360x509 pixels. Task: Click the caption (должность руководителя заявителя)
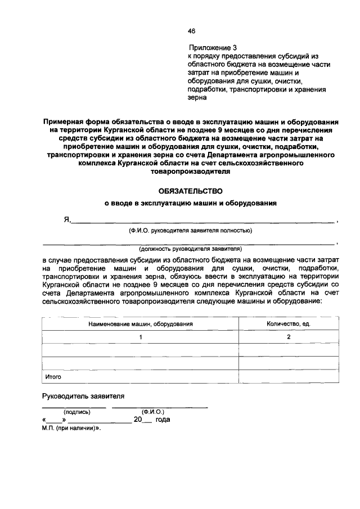pos(190,247)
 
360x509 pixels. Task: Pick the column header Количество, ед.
pos(289,325)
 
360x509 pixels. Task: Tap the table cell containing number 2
pos(289,337)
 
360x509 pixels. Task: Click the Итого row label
pos(53,377)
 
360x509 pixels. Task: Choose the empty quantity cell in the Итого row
pos(289,377)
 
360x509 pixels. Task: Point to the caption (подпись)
pos(76,412)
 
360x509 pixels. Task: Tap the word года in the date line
pos(163,420)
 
